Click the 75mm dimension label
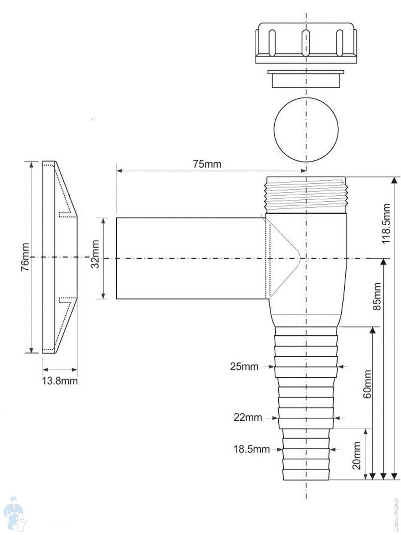point(207,164)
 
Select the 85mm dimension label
point(377,296)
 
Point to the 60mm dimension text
point(367,384)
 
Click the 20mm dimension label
point(357,455)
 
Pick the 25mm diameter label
point(244,367)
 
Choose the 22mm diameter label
point(248,418)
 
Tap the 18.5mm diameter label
point(251,449)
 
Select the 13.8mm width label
point(60,381)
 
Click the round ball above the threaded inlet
point(306,130)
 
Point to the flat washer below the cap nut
point(306,79)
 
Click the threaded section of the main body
point(306,195)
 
